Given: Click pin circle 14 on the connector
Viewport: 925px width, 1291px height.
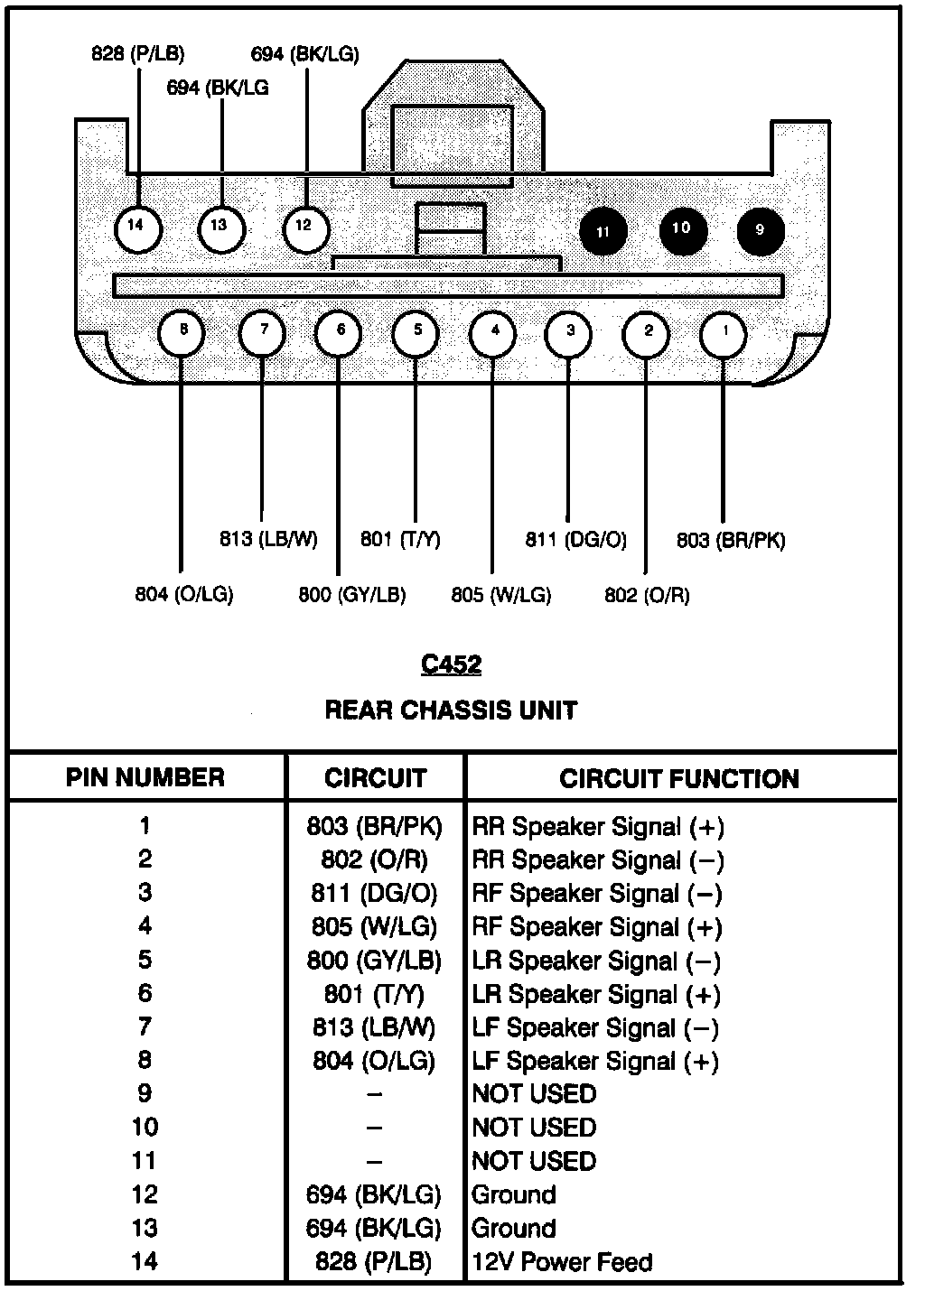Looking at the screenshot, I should tap(137, 227).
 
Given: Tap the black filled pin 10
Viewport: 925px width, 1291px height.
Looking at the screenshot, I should tap(682, 228).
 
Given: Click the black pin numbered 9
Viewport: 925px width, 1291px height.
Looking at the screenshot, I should tap(760, 230).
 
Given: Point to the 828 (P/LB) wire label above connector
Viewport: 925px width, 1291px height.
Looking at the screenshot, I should tap(137, 54).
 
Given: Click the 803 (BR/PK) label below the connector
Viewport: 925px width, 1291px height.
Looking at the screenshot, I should tap(731, 541).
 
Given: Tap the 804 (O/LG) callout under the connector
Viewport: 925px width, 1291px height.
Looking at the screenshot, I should tap(184, 595).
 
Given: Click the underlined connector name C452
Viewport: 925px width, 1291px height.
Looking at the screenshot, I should tap(451, 665).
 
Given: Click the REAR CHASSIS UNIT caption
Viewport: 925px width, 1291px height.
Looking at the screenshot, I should tap(451, 711).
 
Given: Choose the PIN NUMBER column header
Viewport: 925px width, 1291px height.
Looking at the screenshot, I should tap(145, 778).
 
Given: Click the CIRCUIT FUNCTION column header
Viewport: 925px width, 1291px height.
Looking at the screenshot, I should tap(679, 779).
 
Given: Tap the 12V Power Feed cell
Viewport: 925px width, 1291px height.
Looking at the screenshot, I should tap(561, 1261).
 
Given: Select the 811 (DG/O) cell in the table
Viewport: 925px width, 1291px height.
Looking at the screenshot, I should tap(374, 894).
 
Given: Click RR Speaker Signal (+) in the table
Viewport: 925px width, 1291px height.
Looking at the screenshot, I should tap(598, 827).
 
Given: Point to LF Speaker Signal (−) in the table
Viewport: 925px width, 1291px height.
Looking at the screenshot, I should tap(595, 1028).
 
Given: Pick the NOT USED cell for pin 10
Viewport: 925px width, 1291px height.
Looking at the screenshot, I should tap(534, 1128).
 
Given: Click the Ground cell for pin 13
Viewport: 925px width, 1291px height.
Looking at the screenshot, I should tap(514, 1228).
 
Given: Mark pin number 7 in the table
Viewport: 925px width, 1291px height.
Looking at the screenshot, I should tap(145, 1027).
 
